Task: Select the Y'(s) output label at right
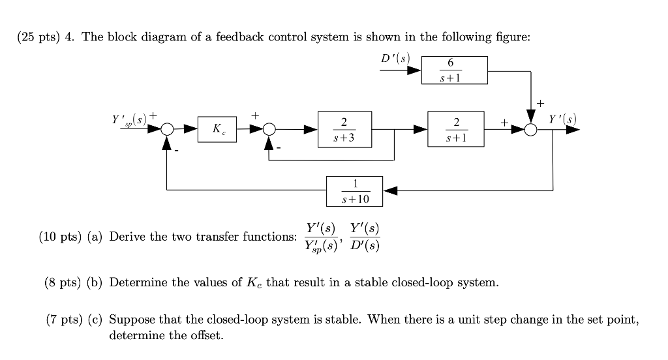point(562,119)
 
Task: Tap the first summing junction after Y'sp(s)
point(167,130)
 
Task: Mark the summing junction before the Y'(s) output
point(532,130)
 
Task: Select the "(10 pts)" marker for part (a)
point(61,237)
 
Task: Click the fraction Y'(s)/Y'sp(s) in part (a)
point(321,237)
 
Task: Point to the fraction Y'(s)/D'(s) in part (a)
point(365,237)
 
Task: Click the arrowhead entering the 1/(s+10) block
point(388,190)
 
